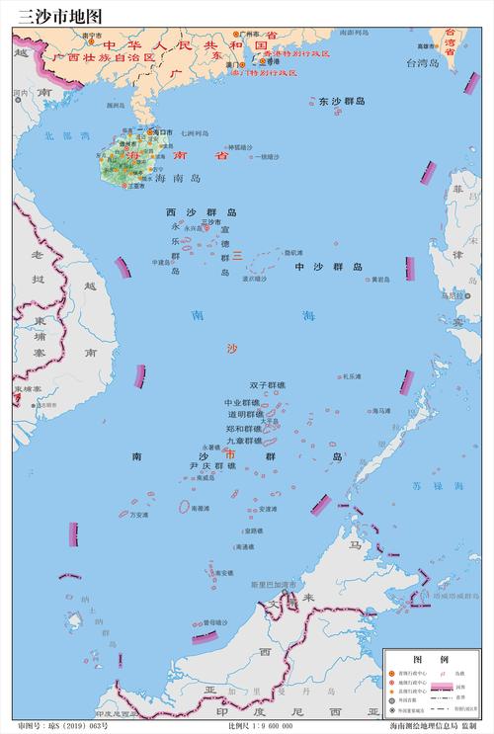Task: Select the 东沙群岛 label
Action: [x=342, y=102]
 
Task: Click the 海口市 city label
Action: [x=161, y=131]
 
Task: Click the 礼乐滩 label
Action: [x=353, y=376]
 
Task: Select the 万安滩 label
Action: [x=139, y=515]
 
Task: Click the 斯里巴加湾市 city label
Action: [x=274, y=585]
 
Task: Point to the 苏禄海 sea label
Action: [x=428, y=486]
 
